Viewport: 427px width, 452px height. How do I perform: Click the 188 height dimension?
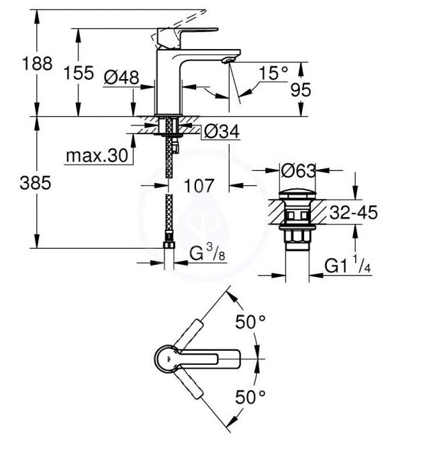tap(37, 64)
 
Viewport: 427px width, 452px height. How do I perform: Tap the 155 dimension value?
tap(79, 72)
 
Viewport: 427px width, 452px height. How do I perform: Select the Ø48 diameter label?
tap(122, 77)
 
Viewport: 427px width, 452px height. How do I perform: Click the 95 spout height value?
tap(301, 90)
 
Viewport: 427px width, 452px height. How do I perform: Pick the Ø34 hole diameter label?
tap(222, 131)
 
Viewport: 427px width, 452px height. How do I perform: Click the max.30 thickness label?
tap(97, 156)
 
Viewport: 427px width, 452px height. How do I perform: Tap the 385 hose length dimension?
tap(35, 183)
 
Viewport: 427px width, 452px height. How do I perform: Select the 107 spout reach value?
tap(199, 186)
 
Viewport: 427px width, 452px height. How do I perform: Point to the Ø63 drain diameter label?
tap(298, 171)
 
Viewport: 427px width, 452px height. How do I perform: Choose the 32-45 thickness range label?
tap(353, 213)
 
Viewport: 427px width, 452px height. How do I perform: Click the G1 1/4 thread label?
tap(348, 265)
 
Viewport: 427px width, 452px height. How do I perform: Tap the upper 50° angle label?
tap(250, 322)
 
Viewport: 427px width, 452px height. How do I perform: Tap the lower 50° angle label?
tap(250, 397)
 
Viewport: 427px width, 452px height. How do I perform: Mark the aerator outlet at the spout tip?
tap(228, 60)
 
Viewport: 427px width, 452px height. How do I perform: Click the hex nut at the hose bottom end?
tap(169, 245)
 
